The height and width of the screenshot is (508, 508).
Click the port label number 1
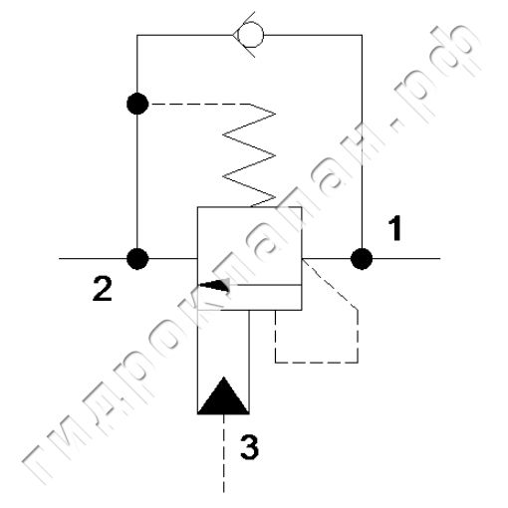[x=394, y=228]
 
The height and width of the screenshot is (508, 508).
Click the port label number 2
[x=102, y=289]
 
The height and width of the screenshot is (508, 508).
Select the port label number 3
[x=249, y=447]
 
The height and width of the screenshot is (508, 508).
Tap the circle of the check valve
[x=252, y=35]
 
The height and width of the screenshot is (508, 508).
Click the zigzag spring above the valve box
[x=249, y=155]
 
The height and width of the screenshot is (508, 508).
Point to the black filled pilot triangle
[x=223, y=395]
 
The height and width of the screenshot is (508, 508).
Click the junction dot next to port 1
[x=362, y=258]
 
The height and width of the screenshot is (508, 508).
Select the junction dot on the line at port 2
[x=137, y=258]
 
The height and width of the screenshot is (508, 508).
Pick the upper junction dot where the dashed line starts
[x=137, y=104]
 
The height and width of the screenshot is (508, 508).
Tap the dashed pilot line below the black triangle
[x=223, y=453]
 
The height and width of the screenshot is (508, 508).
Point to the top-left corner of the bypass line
[x=137, y=35]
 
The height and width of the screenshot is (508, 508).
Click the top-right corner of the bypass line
[x=362, y=35]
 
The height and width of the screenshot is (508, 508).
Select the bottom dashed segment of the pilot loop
[x=317, y=363]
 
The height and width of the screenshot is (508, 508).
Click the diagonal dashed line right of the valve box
[x=331, y=284]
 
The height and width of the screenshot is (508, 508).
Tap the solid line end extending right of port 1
[x=440, y=258]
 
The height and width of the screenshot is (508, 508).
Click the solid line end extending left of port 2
[x=59, y=258]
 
